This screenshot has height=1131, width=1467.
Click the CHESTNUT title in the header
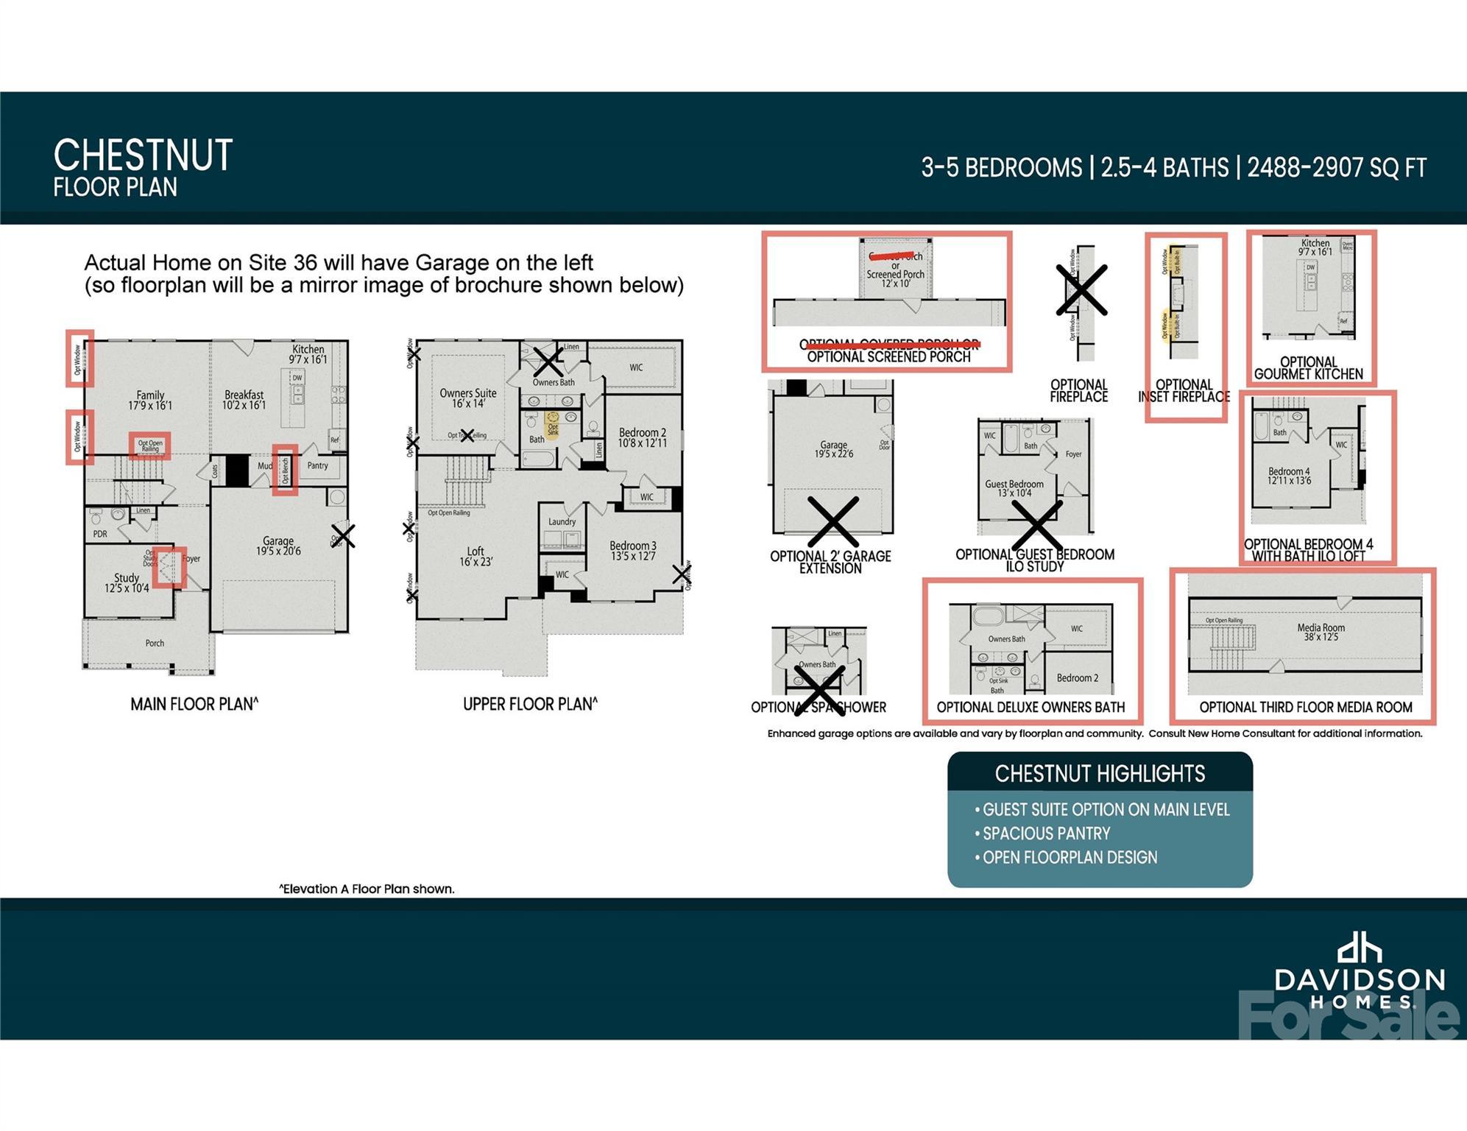143,155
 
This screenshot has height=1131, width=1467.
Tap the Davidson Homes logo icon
1359,948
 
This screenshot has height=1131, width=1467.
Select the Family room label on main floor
150,400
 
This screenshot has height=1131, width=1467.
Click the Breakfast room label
244,400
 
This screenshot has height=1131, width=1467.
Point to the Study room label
127,582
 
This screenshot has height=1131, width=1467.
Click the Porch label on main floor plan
155,643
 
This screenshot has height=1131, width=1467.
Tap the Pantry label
317,465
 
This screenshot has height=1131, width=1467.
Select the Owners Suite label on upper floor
468,398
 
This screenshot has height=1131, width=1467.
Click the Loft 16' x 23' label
476,556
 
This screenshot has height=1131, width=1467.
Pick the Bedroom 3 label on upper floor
632,550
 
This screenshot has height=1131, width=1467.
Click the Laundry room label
562,521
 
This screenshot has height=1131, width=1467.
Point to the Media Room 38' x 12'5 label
1321,632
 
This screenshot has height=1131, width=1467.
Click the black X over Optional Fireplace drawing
1081,290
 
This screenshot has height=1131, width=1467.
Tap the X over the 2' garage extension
833,521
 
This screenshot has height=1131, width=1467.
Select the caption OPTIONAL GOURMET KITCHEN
1308,367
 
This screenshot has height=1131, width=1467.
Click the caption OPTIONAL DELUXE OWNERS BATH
1030,707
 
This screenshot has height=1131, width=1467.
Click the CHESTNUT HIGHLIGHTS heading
1100,773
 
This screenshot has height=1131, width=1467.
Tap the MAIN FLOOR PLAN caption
194,704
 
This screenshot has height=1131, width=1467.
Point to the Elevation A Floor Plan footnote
367,889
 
